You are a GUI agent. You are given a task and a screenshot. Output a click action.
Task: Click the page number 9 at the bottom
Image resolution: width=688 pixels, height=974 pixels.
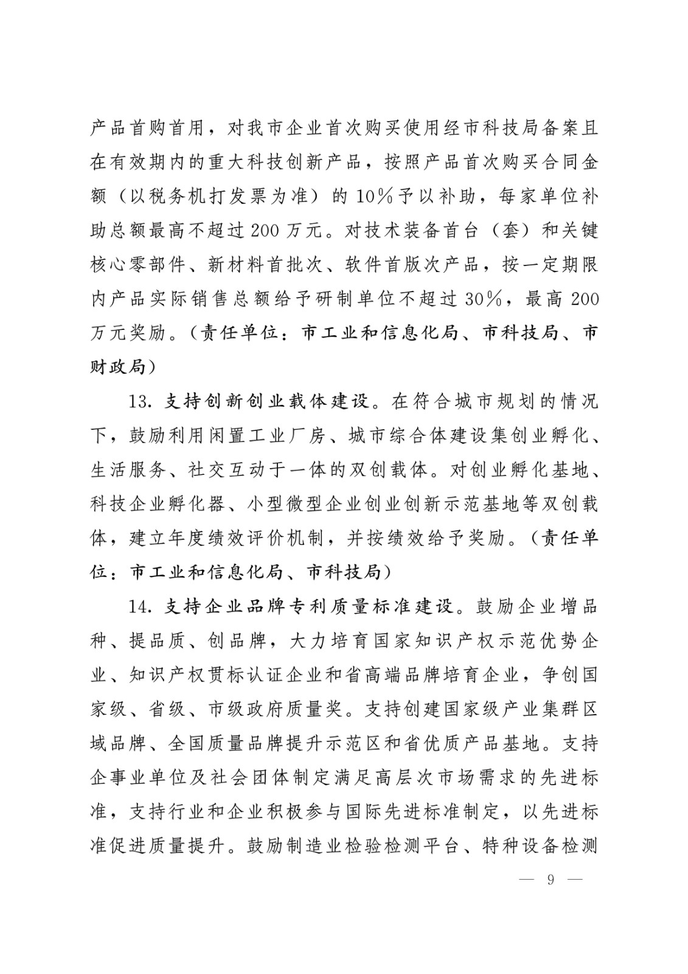[x=551, y=880]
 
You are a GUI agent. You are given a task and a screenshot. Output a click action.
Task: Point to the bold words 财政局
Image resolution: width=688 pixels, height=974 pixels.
[x=119, y=368]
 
